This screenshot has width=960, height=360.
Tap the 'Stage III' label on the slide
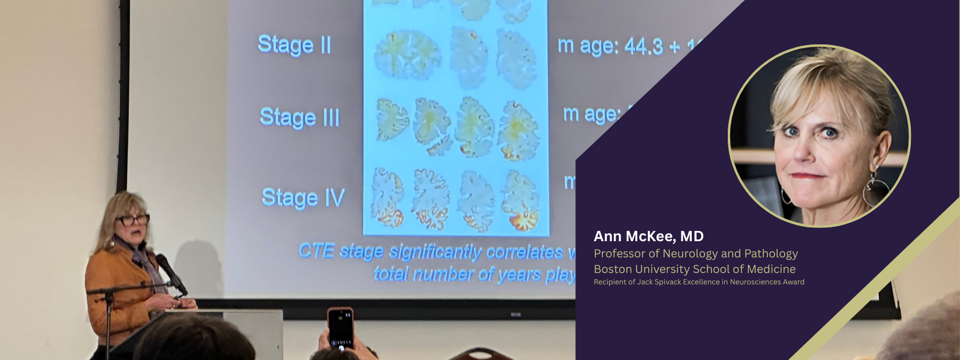(299, 118)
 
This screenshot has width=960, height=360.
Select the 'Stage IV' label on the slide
(303, 198)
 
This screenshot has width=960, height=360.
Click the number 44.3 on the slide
(644, 46)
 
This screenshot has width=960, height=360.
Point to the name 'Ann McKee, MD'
(649, 236)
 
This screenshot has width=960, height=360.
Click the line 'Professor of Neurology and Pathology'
(695, 254)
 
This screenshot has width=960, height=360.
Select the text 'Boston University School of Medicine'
(694, 269)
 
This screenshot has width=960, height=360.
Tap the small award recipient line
(698, 282)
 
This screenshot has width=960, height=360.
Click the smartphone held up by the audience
(340, 328)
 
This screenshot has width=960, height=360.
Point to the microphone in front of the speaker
(170, 273)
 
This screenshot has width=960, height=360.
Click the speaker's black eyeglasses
(133, 220)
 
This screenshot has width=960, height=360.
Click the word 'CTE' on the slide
(316, 250)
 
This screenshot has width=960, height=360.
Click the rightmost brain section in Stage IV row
(520, 200)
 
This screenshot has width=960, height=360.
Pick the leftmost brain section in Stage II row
(407, 55)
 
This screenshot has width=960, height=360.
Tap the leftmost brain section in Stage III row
(392, 119)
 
